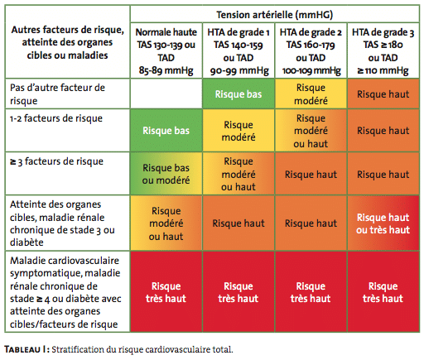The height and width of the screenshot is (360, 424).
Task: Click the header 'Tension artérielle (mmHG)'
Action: [275, 15]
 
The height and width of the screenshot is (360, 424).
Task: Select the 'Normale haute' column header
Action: [166, 51]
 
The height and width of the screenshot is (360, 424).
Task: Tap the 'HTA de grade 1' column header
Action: [238, 51]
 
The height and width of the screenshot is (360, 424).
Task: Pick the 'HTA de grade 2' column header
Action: [311, 51]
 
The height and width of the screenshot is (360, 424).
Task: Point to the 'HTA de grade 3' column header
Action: [383, 51]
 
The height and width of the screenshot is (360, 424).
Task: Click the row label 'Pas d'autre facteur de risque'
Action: [57, 94]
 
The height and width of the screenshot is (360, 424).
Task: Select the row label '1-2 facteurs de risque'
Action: [56, 118]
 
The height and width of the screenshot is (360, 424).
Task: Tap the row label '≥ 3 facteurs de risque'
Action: [56, 161]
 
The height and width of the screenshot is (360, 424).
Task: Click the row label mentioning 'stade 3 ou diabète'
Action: [62, 223]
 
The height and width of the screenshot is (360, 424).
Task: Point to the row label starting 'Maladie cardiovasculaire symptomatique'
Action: [65, 292]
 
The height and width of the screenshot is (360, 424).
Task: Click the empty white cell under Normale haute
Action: [166, 94]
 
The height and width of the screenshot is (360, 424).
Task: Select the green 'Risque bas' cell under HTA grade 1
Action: [238, 94]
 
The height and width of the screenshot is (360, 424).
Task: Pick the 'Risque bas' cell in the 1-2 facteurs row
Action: [166, 131]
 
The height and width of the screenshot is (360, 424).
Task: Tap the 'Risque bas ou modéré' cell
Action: [166, 174]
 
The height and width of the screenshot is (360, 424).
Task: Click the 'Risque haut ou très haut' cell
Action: [383, 223]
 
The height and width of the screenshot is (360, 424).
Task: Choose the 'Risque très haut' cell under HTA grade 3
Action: [383, 292]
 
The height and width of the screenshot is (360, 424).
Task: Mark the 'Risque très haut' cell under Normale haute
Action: [166, 292]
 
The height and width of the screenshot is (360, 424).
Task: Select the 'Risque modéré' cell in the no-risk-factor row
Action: [311, 94]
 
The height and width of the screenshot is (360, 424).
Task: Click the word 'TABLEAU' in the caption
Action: [22, 349]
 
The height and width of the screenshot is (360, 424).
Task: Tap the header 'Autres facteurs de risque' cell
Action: [67, 42]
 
